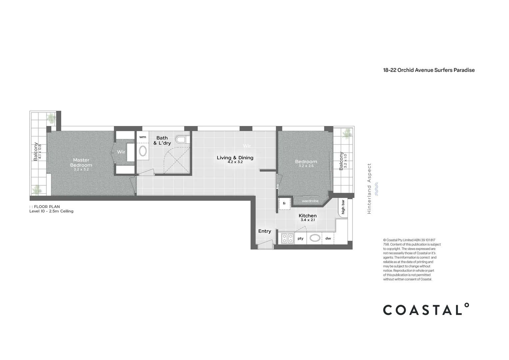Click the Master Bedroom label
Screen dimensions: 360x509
point(81,163)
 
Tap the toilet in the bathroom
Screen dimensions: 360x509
point(181,140)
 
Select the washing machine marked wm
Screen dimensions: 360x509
point(143,137)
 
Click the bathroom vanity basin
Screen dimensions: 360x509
point(143,151)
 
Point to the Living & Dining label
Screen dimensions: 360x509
point(235,158)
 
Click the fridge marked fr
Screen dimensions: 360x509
point(284,203)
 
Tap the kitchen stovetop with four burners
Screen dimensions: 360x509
point(287,238)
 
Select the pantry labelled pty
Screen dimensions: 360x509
point(300,238)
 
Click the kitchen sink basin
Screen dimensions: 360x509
point(315,238)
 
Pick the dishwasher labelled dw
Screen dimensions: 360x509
point(328,238)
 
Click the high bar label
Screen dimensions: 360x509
point(343,207)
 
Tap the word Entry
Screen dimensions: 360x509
point(264,231)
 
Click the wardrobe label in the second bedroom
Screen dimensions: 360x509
point(310,201)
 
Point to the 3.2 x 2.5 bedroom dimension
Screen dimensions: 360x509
point(306,166)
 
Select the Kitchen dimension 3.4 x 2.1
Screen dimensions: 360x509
point(307,220)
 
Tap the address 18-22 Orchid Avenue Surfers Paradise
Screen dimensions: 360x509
point(429,70)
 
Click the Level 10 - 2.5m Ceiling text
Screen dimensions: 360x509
point(51,211)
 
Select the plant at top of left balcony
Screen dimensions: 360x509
point(51,117)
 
